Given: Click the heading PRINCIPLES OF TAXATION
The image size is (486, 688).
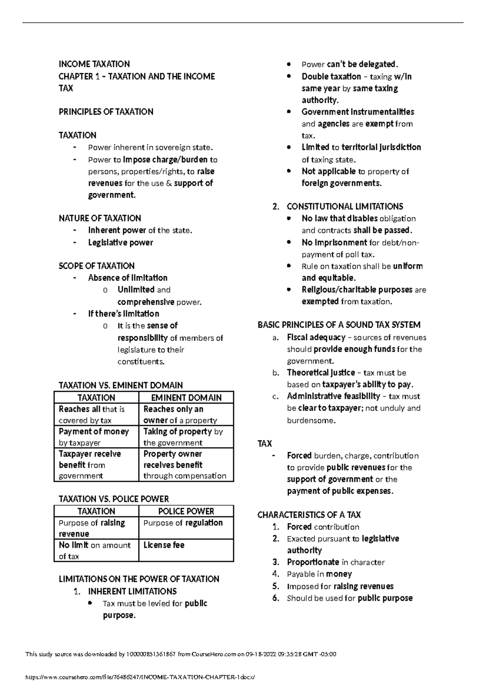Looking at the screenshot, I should coord(106,112).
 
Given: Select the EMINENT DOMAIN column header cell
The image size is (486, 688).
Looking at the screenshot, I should coord(186,397).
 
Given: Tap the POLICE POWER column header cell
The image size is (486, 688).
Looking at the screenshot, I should coord(186,511).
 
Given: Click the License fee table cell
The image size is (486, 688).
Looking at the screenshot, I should coord(186,550).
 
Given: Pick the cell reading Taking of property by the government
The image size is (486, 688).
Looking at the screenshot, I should coord(186,436).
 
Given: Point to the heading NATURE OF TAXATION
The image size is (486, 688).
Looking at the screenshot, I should coord(100,218).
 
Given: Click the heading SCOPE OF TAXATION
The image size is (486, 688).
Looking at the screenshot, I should coord(96,266).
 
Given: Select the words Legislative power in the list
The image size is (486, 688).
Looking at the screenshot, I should coord(120,242).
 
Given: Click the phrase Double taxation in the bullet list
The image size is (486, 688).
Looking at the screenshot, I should coord(331,77).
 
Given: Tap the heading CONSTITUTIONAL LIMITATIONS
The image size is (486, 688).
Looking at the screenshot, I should coord(345,207).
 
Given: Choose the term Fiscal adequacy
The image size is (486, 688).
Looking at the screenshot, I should coord(316,337).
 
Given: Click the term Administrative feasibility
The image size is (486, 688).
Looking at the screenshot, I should coord(333,396).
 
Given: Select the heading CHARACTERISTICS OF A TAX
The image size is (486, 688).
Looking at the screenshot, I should coord(309,515).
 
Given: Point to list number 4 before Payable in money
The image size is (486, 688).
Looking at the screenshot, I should coord(276,574).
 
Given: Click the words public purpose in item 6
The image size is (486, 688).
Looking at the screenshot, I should coord(385,598).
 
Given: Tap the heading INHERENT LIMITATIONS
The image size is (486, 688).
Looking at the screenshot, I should coord(132,591).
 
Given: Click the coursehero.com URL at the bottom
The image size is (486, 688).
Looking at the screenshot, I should coord(141,677).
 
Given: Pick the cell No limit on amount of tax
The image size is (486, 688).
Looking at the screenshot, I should coord(96,550).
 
